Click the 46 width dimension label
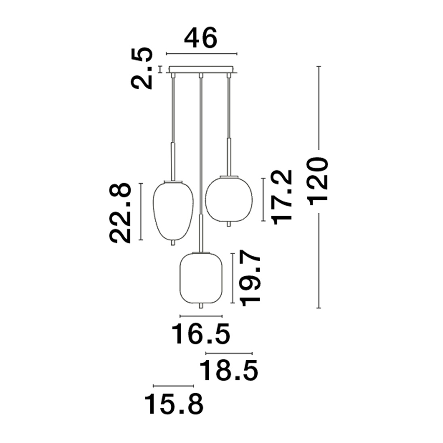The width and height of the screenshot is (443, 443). pos(201,38)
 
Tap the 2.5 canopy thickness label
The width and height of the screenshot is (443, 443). pos(142,68)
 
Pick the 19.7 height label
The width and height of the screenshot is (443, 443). pos(250,278)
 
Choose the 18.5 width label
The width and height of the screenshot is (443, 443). pos(229,370)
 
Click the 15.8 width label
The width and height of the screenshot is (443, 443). pos(174,405)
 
